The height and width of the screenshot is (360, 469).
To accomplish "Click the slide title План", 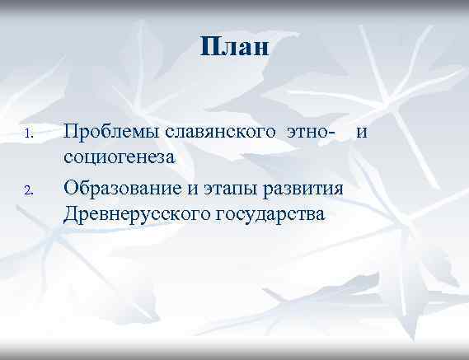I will pos(234,47).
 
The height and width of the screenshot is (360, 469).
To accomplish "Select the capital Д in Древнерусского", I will pos(71,215).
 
